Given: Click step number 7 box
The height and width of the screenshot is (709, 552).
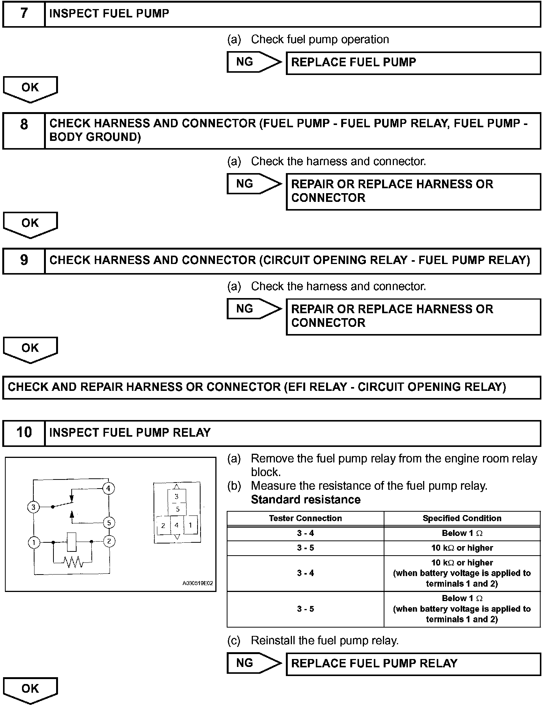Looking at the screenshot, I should click(x=24, y=14).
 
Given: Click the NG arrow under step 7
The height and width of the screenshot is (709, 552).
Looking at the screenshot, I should click(x=254, y=62).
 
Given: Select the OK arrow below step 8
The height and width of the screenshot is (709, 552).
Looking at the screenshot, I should click(x=30, y=224).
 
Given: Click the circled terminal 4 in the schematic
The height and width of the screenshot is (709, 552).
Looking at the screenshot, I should click(x=108, y=489).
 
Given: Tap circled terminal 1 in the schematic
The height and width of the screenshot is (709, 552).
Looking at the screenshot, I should click(x=34, y=542).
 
